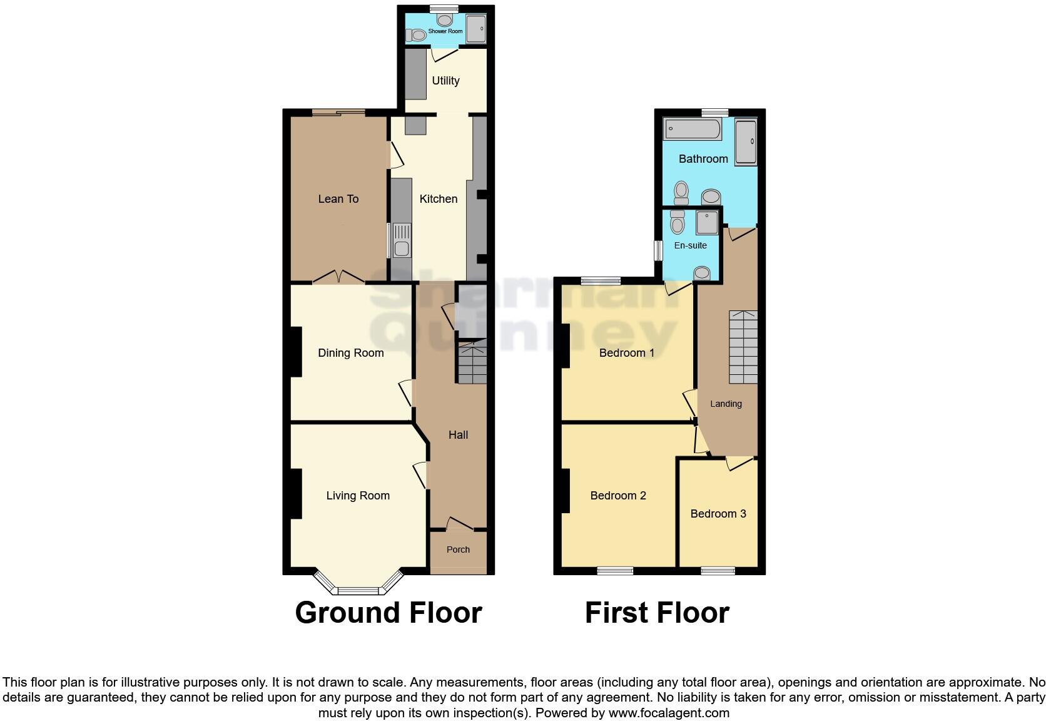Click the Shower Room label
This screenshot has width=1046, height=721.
(445, 31)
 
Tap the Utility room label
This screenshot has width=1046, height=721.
(445, 81)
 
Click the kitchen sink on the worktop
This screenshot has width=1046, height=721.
(401, 241)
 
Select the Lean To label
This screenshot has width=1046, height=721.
(338, 199)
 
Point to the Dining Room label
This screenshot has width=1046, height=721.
(350, 353)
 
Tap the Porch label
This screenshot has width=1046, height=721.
(458, 550)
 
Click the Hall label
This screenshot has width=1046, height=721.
(458, 435)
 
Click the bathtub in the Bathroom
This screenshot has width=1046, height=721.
(693, 130)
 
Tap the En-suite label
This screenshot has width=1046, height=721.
(690, 245)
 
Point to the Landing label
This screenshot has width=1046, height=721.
(726, 404)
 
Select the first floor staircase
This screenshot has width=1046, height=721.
(743, 347)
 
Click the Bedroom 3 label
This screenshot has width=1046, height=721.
(718, 514)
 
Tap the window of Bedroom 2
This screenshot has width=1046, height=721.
(615, 570)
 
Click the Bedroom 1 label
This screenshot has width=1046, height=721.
(627, 353)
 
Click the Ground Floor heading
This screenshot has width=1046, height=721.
(388, 613)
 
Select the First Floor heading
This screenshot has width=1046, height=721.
(657, 613)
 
